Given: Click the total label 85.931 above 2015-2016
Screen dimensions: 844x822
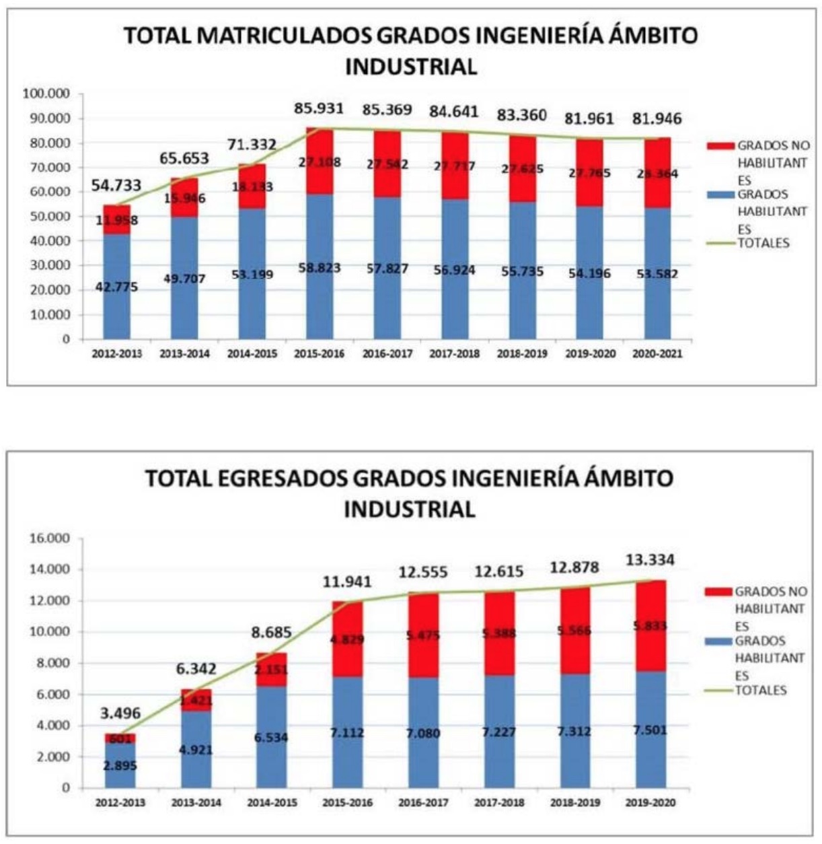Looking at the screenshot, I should (x=319, y=108).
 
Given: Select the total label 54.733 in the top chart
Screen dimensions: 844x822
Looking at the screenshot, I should (x=116, y=186).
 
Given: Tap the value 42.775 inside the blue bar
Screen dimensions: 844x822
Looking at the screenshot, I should (x=116, y=287).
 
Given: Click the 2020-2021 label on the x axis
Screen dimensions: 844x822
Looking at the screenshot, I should (x=657, y=353).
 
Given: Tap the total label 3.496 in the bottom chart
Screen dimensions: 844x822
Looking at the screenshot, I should (x=120, y=713).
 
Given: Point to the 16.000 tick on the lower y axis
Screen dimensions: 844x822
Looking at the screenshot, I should (x=51, y=538).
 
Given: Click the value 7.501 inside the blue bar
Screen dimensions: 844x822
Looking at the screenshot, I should (x=649, y=730).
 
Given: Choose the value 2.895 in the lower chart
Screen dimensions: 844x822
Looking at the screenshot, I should (x=120, y=765).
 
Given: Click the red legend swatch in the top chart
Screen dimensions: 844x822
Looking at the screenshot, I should (x=720, y=145).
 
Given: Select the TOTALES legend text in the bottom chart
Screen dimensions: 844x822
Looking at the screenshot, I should (x=760, y=691).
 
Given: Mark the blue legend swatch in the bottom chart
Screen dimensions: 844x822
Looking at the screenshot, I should (x=718, y=641).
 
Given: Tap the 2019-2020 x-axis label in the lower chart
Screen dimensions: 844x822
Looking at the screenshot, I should (x=650, y=802).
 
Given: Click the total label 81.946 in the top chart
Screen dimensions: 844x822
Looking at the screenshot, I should (x=657, y=119).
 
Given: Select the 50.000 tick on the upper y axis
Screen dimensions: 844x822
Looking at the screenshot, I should (x=49, y=216).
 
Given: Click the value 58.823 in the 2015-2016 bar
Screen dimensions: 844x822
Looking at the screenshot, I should (x=319, y=268).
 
